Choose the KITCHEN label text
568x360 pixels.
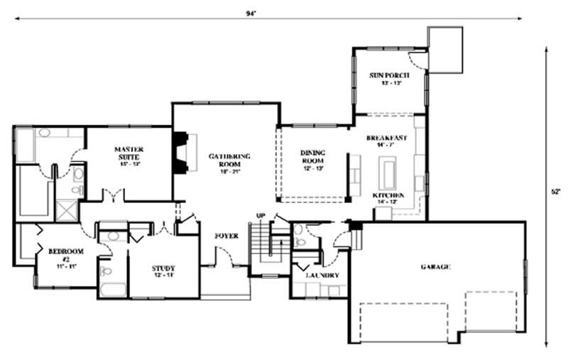click(x=388, y=195)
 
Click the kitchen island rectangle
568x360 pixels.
click(x=389, y=173)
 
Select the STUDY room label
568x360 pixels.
click(x=163, y=271)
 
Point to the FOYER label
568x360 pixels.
click(x=227, y=236)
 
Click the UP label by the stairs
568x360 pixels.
click(x=261, y=215)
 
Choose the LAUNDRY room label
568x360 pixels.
click(x=322, y=275)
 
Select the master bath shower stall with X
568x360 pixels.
click(x=67, y=211)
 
